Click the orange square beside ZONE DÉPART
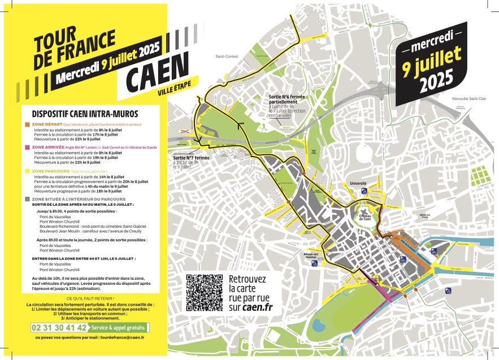27,124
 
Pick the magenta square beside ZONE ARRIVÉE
27,147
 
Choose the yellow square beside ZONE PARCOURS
27,171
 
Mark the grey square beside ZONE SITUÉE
27,199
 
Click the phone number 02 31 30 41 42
60,327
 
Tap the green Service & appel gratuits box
119,327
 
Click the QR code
204,292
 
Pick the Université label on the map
358,184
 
